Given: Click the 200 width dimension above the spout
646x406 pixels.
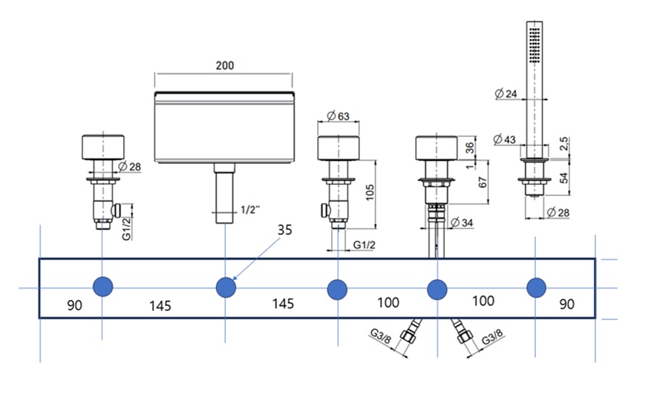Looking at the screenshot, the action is click(x=225, y=65).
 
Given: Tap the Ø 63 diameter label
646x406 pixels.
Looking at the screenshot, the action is click(x=338, y=116).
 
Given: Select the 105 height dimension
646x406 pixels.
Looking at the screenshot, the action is click(x=370, y=192).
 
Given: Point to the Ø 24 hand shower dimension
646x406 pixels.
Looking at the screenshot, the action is click(x=506, y=94).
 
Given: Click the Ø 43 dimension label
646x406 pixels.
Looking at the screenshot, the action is click(x=505, y=139).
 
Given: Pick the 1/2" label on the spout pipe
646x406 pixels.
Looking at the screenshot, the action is click(x=250, y=210).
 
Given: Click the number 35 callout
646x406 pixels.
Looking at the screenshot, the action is click(x=285, y=229).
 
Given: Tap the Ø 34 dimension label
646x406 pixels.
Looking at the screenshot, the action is click(x=462, y=223).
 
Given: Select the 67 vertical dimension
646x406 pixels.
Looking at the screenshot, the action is click(x=482, y=182).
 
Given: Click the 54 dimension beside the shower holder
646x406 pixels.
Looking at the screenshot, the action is click(x=563, y=178).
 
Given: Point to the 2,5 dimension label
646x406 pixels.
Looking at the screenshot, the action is click(x=563, y=143).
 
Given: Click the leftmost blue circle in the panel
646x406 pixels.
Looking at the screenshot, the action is click(x=103, y=286).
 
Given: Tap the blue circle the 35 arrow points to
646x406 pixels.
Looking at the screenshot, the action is click(x=226, y=287).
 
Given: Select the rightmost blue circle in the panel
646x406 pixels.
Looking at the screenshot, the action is click(x=537, y=288).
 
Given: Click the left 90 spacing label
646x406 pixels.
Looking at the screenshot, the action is click(x=75, y=305).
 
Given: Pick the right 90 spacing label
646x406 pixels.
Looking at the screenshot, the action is click(x=566, y=304).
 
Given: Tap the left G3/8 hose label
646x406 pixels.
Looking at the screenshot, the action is click(x=381, y=336).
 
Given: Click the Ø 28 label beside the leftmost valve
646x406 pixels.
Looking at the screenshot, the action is click(x=130, y=167).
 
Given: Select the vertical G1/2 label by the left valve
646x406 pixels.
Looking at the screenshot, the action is click(x=127, y=228).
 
